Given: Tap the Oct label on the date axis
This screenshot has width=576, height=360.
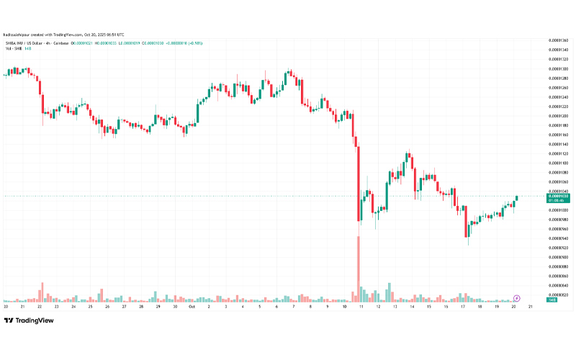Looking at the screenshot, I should [192, 306].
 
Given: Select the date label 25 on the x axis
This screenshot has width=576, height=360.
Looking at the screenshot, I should [90, 306].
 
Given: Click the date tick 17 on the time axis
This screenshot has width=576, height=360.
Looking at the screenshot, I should [463, 306].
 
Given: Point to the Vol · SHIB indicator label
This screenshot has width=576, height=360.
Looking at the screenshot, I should [12, 48].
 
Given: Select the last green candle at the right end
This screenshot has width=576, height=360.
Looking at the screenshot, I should [516, 198].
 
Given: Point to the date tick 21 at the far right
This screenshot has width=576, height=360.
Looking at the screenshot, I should [531, 306].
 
